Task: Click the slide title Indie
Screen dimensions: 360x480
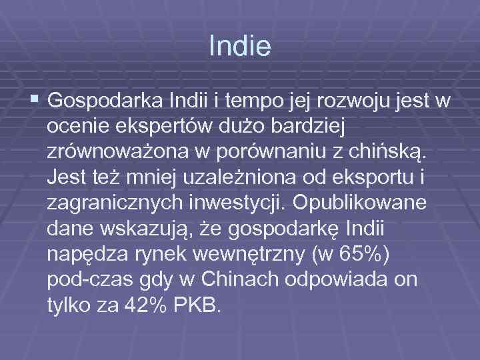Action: pos(239,47)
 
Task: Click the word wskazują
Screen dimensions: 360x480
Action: pos(145,229)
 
